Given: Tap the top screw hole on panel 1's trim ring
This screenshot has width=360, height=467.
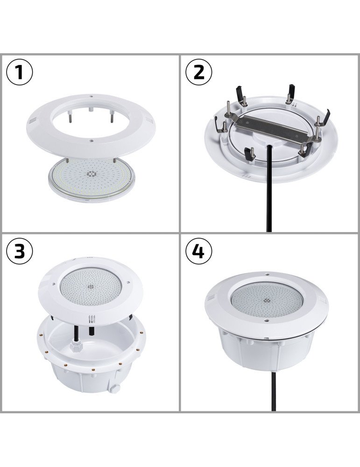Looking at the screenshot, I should tap(92, 97).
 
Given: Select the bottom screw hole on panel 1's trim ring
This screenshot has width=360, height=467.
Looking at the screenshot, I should tap(92, 140).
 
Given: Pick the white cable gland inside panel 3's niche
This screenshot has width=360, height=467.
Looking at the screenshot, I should tap(75, 346).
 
